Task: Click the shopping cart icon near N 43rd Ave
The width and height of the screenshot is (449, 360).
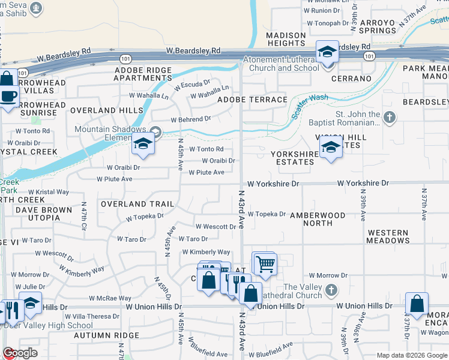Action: [x=264, y=263]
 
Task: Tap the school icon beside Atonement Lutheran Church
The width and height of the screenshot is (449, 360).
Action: [x=328, y=52]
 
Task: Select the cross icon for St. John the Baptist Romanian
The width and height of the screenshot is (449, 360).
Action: [x=390, y=117]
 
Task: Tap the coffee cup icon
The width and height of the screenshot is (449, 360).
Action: [x=8, y=97]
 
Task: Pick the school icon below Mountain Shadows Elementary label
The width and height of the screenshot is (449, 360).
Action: [x=143, y=145]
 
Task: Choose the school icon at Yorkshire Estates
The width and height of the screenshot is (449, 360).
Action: [x=331, y=147]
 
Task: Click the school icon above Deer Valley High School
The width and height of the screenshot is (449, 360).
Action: [x=31, y=304]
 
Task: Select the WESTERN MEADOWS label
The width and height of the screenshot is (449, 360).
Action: [x=388, y=236]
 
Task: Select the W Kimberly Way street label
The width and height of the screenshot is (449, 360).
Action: [x=206, y=252]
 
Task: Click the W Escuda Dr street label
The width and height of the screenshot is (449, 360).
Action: [x=193, y=85]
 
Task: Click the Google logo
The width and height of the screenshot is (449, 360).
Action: [x=20, y=353]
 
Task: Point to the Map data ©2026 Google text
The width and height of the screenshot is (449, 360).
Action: [x=411, y=355]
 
